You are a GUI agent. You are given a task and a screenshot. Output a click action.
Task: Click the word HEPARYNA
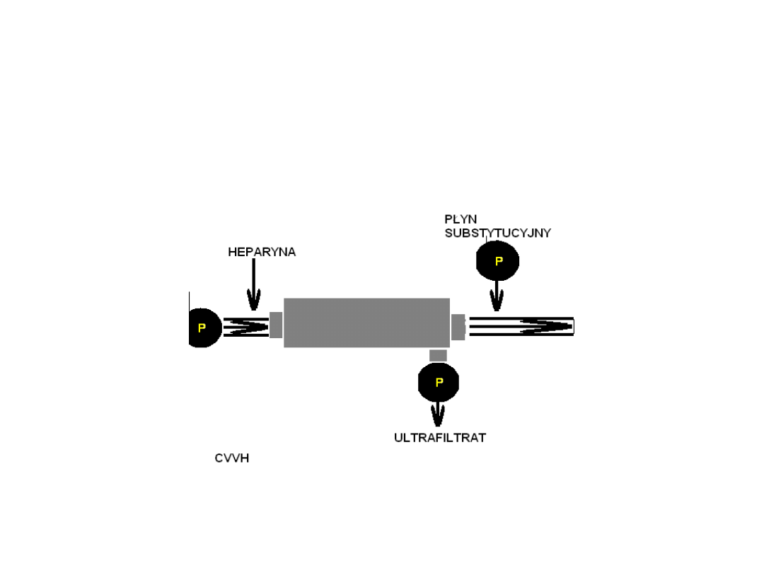point(262,252)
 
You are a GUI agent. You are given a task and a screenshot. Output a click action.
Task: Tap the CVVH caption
point(232,458)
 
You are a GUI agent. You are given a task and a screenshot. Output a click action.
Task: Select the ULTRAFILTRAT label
point(440,438)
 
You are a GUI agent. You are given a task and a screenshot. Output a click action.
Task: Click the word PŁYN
point(461,219)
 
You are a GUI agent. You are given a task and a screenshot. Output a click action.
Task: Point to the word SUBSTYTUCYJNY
point(497,233)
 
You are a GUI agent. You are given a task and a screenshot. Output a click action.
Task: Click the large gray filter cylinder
point(366,323)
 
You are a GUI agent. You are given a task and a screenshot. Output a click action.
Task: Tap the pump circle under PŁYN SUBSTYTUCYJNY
point(497,261)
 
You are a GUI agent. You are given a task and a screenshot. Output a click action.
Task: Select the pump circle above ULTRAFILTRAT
point(439,382)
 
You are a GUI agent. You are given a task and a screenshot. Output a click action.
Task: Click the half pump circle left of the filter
point(203,328)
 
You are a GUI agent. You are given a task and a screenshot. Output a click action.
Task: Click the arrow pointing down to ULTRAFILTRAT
point(439,413)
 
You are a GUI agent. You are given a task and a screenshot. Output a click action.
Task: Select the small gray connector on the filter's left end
point(276,325)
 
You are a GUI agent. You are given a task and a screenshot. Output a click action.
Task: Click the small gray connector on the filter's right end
point(458,326)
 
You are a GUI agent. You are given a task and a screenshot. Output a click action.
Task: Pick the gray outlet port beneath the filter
point(438,355)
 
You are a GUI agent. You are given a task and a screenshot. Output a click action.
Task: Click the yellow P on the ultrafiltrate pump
point(439,382)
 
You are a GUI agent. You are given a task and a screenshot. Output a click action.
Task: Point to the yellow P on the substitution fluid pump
point(499,261)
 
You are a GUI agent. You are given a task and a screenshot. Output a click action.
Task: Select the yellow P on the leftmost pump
point(202,328)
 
